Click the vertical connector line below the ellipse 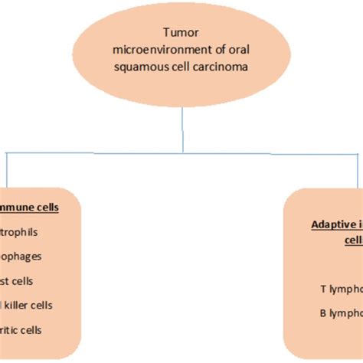182,130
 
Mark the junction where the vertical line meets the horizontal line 182,154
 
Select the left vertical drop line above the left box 6,170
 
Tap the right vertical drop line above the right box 357,170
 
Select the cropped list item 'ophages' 22,257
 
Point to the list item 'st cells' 18,281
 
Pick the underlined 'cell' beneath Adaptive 352,240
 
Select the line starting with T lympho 341,268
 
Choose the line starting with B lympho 341,292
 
